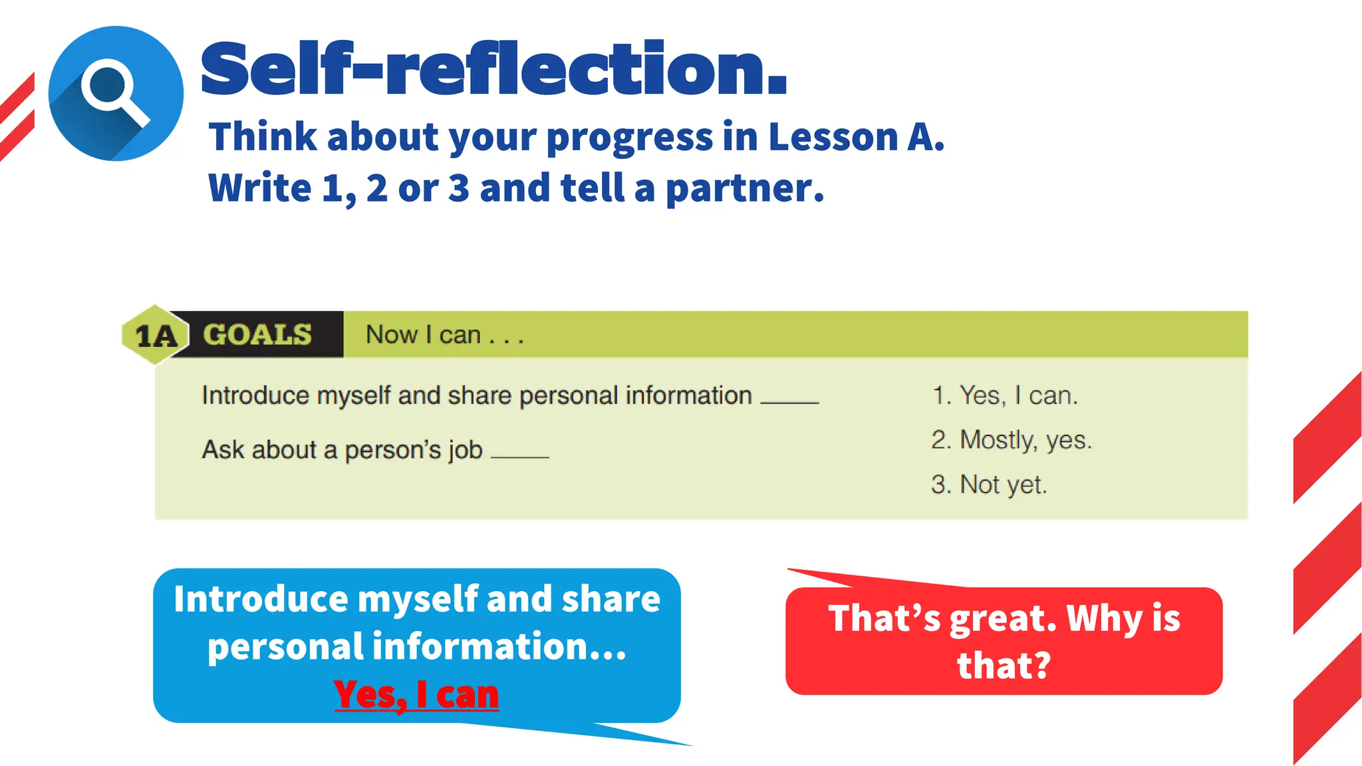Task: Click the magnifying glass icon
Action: [114, 93]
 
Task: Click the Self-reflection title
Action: [493, 69]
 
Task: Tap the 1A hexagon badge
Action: [156, 335]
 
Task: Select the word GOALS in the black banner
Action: [257, 334]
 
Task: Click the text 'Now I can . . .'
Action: [444, 334]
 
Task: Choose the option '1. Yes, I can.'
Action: [1004, 396]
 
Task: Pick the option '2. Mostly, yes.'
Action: [1012, 440]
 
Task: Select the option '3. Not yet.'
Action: [989, 485]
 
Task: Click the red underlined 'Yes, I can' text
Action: [416, 695]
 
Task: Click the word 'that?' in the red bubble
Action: [1004, 666]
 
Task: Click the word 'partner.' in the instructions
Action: [745, 189]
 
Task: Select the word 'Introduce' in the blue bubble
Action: [260, 599]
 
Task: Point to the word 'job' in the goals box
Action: [465, 450]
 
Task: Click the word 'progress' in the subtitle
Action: [629, 138]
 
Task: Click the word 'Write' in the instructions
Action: [259, 188]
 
